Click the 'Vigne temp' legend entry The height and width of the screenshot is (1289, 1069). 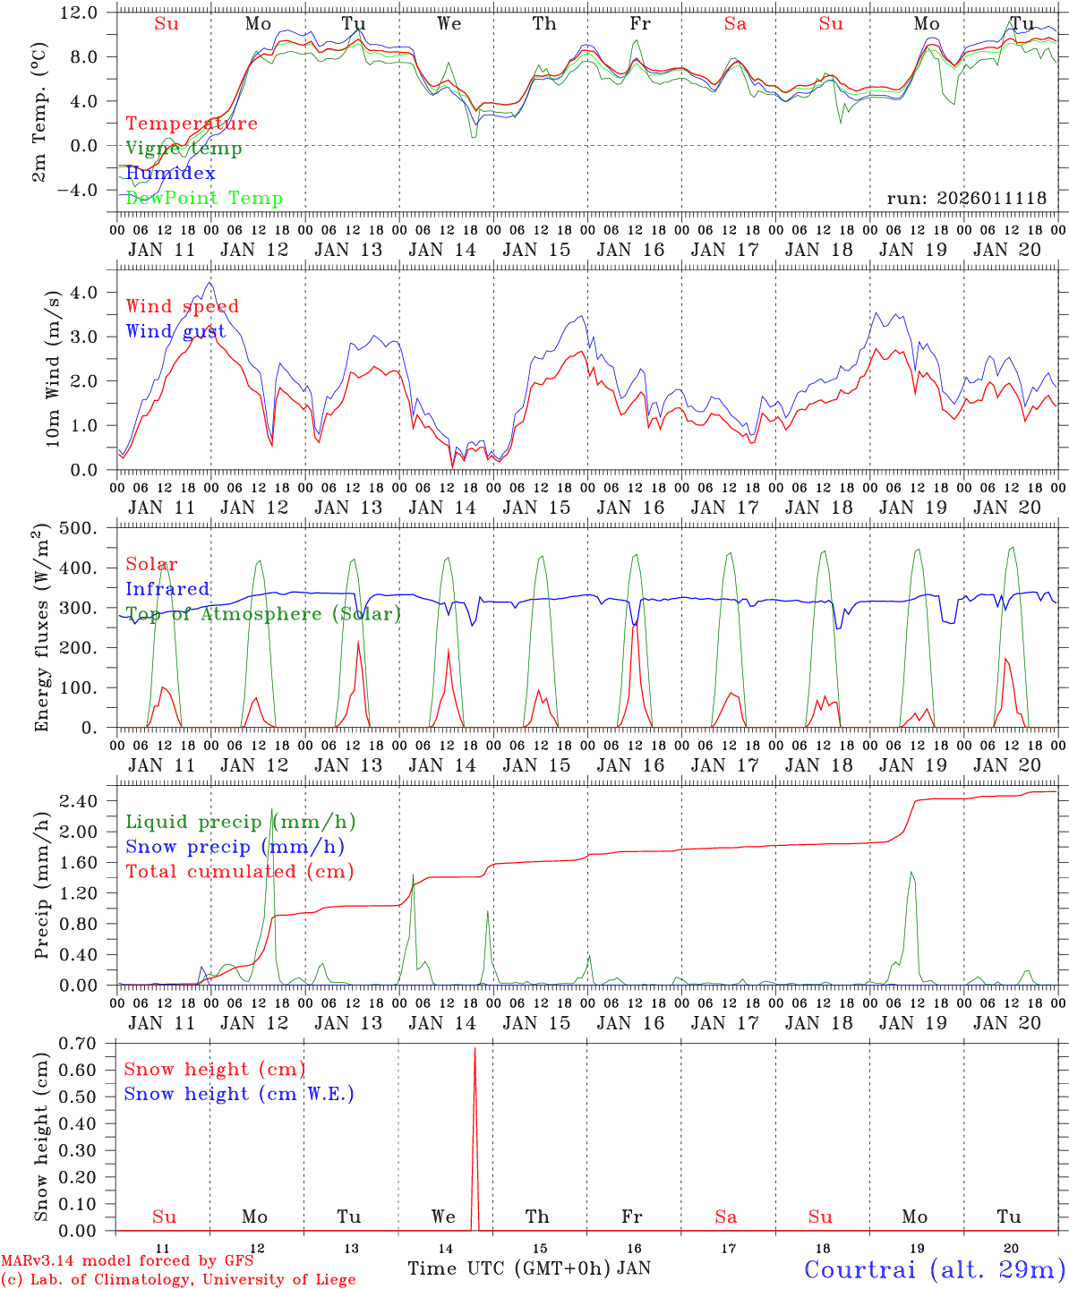184,149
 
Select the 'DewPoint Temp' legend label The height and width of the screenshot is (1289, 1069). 204,199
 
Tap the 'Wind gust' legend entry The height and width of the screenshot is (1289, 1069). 175,331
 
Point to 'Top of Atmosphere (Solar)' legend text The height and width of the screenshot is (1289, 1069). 263,614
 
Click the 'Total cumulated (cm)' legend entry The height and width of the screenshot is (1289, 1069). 239,872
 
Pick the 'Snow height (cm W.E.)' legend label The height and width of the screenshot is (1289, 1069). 239,1094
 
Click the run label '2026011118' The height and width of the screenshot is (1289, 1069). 967,199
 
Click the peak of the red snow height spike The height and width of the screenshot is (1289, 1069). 475,1048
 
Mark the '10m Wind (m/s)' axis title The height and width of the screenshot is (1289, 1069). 52,368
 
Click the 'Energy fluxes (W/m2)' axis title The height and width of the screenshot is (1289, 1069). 42,629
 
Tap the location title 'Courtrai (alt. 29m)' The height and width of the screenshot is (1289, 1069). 935,1269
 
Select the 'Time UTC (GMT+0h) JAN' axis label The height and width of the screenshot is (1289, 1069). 529,1268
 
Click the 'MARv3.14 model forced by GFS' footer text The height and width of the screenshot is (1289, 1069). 127,1261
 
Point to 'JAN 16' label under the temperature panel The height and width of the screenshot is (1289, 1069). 631,251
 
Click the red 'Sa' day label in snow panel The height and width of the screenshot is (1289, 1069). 726,1217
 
